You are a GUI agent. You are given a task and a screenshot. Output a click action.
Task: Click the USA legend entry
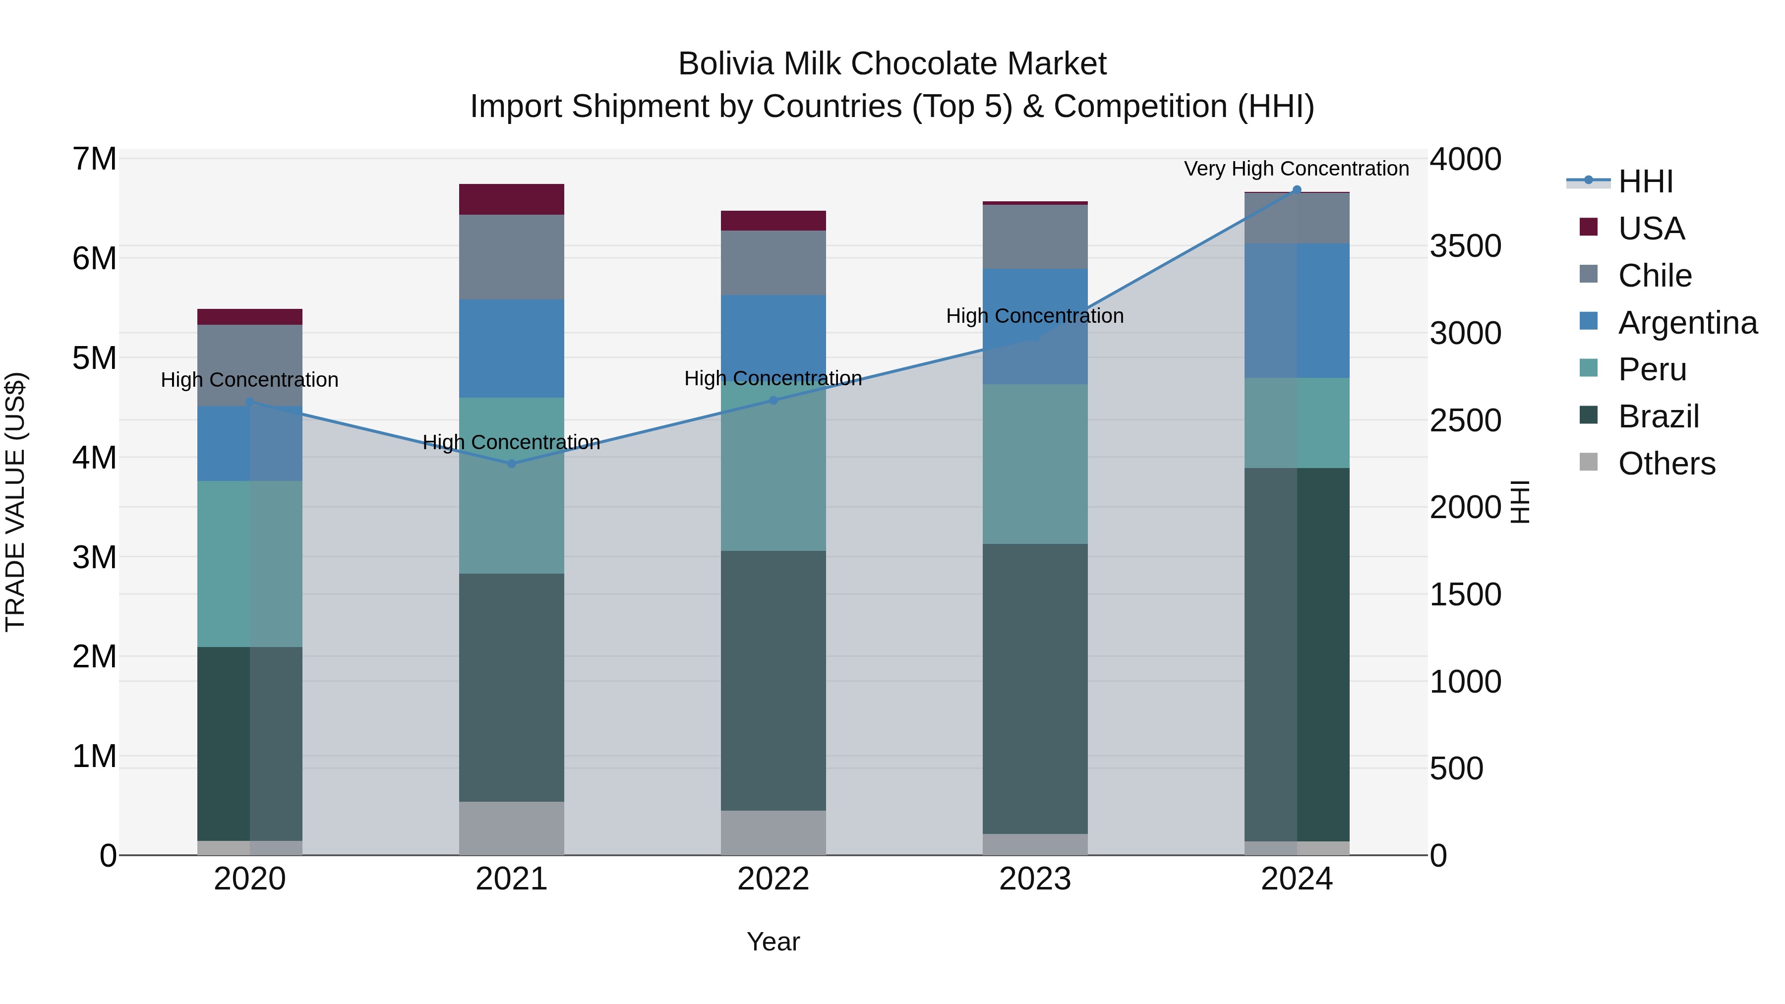(1651, 229)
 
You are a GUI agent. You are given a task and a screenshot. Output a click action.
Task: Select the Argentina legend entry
(1687, 323)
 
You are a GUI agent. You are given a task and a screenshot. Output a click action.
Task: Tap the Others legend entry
(1666, 464)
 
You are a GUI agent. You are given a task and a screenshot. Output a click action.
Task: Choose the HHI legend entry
(1645, 181)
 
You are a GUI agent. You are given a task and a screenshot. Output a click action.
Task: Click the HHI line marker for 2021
(511, 464)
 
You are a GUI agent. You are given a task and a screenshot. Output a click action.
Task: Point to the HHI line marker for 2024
(1297, 190)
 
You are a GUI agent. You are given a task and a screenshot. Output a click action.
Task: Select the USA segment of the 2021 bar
(511, 199)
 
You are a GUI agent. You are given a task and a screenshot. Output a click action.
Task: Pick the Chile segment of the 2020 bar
(249, 365)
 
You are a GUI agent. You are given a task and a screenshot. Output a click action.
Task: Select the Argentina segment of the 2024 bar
(1297, 310)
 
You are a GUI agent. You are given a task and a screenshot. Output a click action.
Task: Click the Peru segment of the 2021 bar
(511, 485)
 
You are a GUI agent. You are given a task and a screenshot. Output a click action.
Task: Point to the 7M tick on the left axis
(94, 159)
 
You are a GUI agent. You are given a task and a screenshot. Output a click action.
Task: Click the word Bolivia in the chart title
(724, 64)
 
